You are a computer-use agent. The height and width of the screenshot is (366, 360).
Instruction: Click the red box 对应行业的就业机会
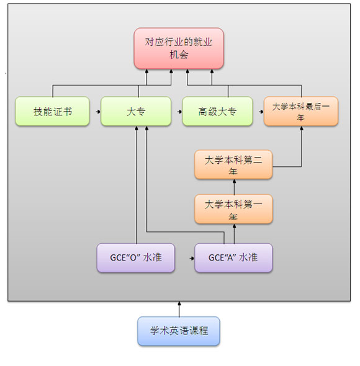(179, 48)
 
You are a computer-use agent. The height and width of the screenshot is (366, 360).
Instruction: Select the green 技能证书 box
(52, 111)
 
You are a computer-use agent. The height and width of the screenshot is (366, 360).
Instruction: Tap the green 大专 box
(136, 111)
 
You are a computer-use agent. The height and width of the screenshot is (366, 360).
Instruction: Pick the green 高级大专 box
(217, 111)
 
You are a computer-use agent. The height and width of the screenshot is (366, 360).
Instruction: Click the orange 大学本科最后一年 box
(301, 111)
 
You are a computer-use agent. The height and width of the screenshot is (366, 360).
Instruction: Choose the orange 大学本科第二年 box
(233, 164)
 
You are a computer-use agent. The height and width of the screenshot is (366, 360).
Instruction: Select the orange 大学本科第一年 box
(233, 209)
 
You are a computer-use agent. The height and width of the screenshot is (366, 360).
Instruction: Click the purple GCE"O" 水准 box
(136, 257)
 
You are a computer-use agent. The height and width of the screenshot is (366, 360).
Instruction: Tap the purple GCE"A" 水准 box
(233, 257)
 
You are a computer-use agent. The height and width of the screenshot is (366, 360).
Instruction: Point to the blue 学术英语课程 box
(179, 331)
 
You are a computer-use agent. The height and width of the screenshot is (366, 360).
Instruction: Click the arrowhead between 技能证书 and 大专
(98, 112)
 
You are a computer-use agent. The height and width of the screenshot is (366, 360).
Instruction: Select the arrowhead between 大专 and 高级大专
(179, 112)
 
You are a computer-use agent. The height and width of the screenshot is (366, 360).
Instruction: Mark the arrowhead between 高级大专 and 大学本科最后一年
(261, 112)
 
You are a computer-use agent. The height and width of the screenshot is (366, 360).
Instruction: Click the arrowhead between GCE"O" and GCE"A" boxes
(192, 258)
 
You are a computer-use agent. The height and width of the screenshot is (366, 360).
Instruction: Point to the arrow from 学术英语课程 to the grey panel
(179, 309)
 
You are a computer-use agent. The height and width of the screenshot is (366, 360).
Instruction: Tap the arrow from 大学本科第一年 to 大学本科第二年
(235, 187)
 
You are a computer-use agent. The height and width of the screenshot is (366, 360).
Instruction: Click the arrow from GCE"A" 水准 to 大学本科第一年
(235, 234)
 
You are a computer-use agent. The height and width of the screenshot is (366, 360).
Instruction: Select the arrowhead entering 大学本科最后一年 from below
(302, 128)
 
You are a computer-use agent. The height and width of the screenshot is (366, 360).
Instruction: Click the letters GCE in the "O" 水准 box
(116, 257)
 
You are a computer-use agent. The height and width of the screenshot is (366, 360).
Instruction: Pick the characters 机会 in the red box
(179, 55)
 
